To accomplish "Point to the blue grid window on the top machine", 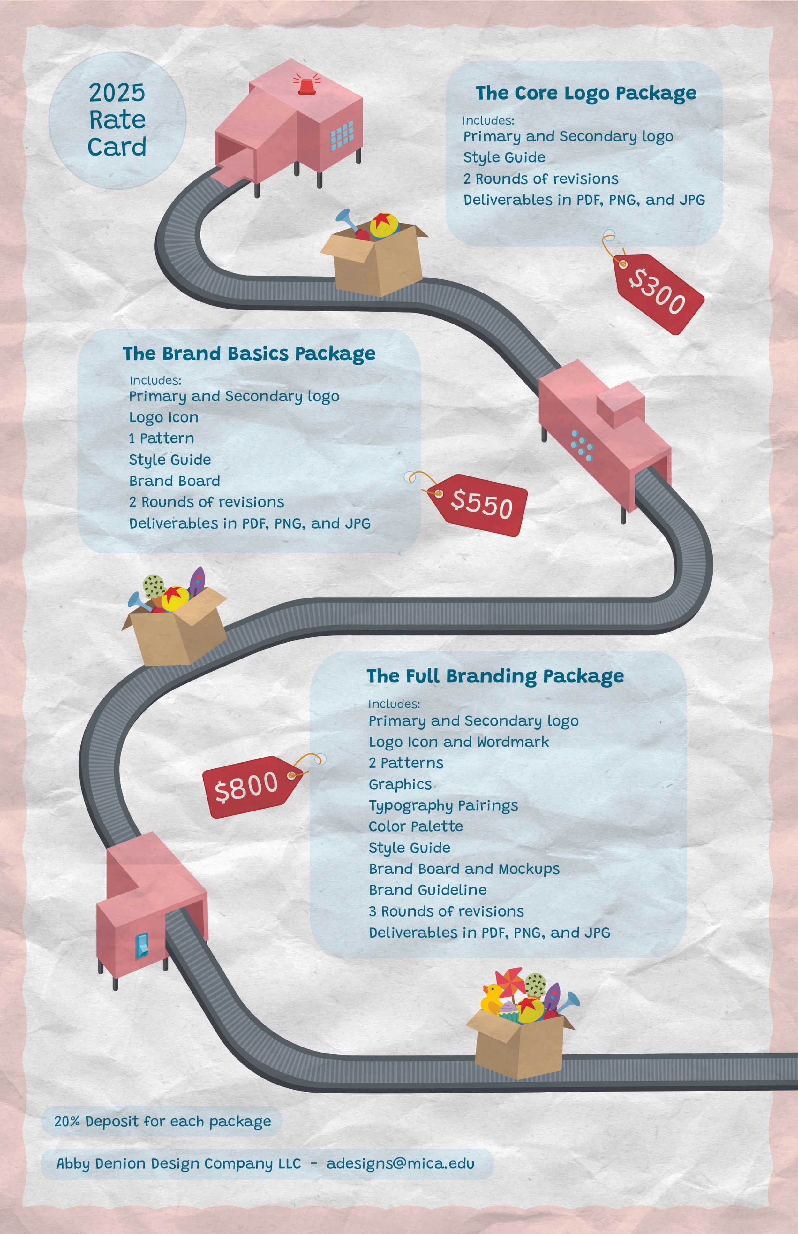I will click(342, 135).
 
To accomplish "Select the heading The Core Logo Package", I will click(585, 93).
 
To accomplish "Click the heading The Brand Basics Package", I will click(249, 354).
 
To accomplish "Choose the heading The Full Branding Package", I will click(495, 676).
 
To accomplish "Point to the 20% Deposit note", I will click(162, 1121).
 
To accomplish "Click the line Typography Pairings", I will click(443, 805).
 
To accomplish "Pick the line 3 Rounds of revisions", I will click(446, 911).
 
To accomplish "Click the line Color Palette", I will click(416, 826).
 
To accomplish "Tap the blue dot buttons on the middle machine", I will click(582, 444).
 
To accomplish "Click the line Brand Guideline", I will click(427, 890).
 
